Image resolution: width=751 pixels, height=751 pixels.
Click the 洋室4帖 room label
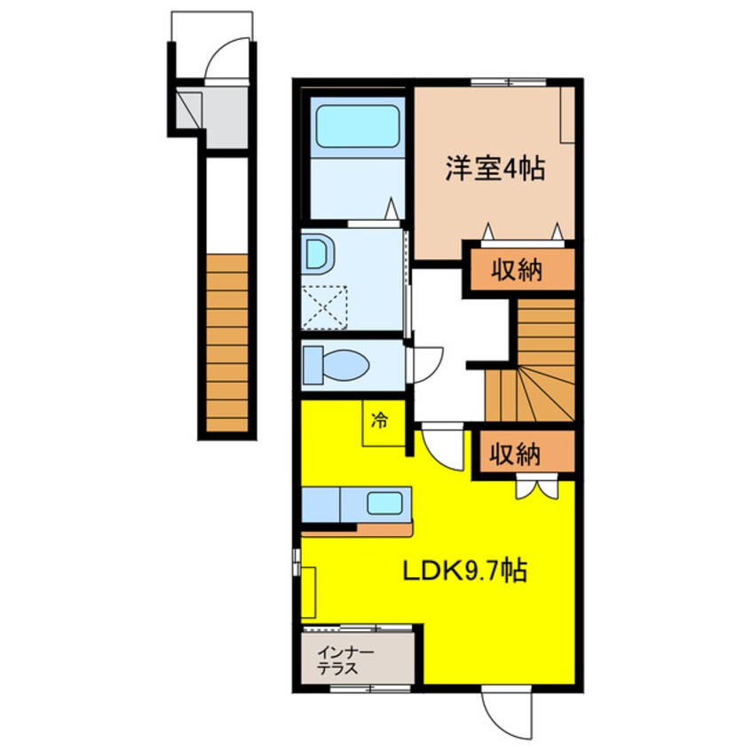pos(494,169)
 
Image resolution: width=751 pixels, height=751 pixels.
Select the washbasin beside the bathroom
pos(318,256)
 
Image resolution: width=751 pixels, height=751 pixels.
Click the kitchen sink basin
pos(385,504)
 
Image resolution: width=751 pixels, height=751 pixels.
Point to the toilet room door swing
pos(424,363)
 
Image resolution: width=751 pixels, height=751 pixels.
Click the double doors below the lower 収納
pos(537,488)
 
